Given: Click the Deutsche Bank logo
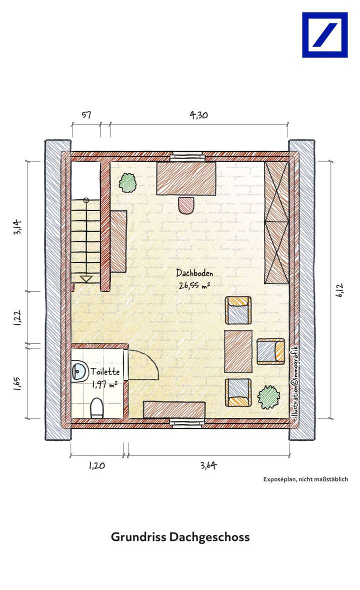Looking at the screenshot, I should click(324, 35).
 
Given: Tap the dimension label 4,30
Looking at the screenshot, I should click(198, 115).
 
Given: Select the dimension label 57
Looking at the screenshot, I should click(85, 115).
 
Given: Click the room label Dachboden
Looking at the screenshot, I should click(195, 273).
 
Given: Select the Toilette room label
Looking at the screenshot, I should click(104, 372).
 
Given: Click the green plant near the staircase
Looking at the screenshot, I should click(128, 184).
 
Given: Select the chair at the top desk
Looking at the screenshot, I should click(186, 205).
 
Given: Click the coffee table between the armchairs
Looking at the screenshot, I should click(238, 351).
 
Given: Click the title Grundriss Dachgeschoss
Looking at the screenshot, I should click(180, 537).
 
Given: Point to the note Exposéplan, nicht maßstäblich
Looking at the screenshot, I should click(305, 479).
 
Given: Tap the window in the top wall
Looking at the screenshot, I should click(187, 157).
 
